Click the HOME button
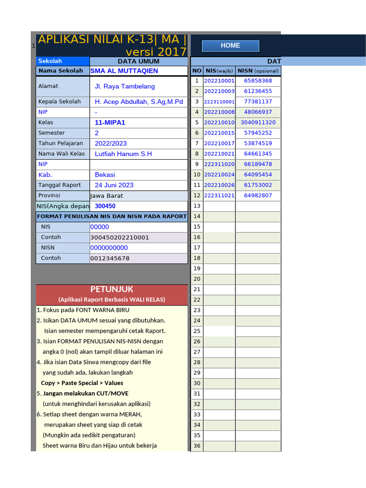tap(230, 46)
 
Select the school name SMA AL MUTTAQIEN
tap(124, 71)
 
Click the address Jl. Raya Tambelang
tap(124, 87)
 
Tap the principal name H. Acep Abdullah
tap(139, 102)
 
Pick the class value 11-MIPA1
tap(110, 122)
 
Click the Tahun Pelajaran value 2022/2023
tap(111, 143)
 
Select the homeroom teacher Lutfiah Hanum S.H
tap(123, 154)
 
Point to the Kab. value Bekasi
tap(105, 175)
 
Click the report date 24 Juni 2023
tap(114, 185)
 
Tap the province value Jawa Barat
tap(107, 196)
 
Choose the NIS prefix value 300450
tap(105, 206)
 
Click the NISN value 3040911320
tap(258, 122)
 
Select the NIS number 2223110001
tap(219, 102)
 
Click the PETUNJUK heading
tap(112, 289)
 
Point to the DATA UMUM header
tap(138, 61)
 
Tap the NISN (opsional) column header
tap(258, 71)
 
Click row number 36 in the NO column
tap(197, 446)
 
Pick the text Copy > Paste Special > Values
tap(82, 383)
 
